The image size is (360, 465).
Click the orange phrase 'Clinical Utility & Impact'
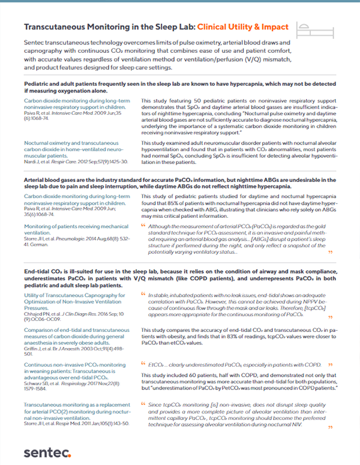243,28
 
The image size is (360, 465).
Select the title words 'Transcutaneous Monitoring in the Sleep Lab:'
109,28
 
